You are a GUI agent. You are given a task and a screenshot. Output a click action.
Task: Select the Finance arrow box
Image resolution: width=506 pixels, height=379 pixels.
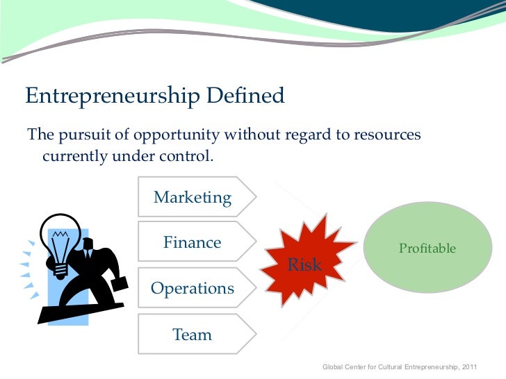193,243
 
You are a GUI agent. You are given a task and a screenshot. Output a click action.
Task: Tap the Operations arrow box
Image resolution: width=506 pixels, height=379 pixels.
193,288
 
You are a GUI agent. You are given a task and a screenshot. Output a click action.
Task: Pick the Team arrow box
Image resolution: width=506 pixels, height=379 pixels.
193,335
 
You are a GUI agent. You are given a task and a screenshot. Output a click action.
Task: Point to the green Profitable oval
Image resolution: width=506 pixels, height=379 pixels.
427,248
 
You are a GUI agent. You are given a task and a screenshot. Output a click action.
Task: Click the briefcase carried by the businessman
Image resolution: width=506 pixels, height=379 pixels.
117,285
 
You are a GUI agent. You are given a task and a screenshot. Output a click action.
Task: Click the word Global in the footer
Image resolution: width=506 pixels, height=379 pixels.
334,366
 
